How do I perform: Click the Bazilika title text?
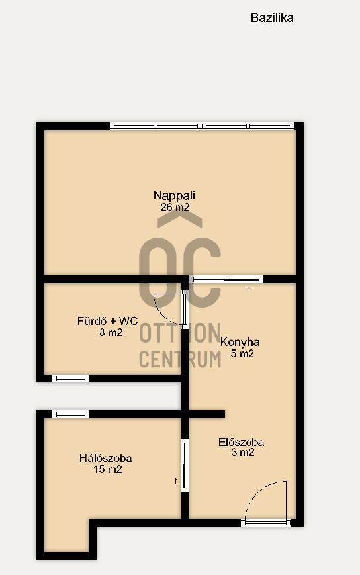coord(271,18)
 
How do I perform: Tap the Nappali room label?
coord(174,195)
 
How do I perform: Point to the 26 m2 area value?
coord(175,207)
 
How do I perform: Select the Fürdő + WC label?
coord(107,321)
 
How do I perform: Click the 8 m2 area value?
coord(111,333)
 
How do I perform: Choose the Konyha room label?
coord(240,342)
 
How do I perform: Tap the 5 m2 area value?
coord(242,353)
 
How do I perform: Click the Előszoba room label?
coord(242,442)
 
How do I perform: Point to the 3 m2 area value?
coord(243,452)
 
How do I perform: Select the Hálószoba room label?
coord(106,458)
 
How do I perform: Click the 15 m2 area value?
coord(108,469)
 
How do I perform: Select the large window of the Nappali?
coord(202,126)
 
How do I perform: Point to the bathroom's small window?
coord(71,378)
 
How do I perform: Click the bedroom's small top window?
coord(71,414)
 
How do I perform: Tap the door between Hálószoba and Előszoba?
coord(185,465)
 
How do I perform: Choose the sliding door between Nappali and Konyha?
coord(226,279)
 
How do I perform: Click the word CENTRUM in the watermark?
coord(181,359)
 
